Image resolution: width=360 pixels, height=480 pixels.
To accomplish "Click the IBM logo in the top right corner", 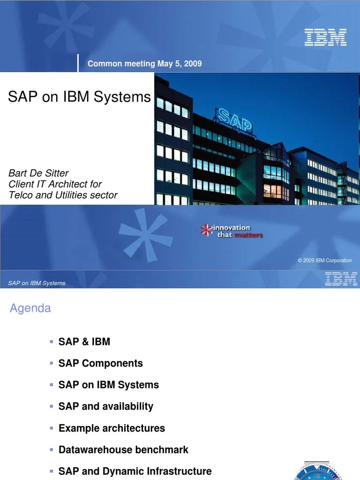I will [x=325, y=37].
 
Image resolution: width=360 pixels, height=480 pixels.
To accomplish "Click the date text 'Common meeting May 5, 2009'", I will [x=144, y=64].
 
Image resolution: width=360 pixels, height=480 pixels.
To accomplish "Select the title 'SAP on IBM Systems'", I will [x=79, y=97].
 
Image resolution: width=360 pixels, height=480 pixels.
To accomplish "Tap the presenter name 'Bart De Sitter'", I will [x=38, y=173].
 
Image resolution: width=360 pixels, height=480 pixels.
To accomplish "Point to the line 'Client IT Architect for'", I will [x=55, y=184].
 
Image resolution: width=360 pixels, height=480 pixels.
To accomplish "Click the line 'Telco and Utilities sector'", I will [x=63, y=195].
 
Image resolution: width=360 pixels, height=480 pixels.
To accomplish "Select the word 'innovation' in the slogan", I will [x=232, y=228].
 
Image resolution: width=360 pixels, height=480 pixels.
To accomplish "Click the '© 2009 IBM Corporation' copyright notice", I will [x=324, y=261].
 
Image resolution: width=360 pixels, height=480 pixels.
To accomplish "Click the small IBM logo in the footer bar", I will [x=341, y=279].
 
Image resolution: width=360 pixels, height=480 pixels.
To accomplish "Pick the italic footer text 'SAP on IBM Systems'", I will [x=37, y=283].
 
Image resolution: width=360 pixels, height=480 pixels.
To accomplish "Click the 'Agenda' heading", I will [x=30, y=308].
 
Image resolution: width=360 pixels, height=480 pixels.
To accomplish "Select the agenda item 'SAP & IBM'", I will [x=84, y=342].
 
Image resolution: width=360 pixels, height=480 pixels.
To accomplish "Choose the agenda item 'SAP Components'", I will [x=100, y=363].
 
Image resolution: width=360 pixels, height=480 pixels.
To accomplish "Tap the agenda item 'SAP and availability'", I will [x=105, y=406].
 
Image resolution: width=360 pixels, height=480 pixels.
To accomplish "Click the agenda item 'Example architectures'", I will [x=112, y=428].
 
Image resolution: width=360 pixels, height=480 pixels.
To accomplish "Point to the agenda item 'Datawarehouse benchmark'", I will [x=123, y=450].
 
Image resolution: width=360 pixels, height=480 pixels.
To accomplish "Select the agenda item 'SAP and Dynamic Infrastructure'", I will [x=135, y=471].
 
